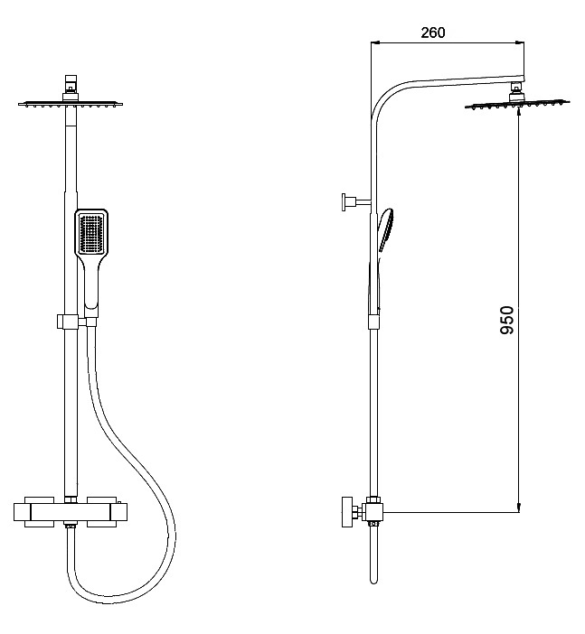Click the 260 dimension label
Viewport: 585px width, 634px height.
click(x=433, y=33)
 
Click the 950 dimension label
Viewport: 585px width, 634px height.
click(x=506, y=321)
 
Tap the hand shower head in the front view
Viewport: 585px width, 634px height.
click(x=91, y=232)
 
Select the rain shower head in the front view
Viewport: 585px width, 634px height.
click(x=71, y=105)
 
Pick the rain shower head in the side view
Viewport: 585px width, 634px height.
click(x=517, y=105)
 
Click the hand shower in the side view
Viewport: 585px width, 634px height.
click(x=384, y=230)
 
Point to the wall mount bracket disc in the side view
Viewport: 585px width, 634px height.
click(x=344, y=201)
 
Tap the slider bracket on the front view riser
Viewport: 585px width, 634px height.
click(x=68, y=322)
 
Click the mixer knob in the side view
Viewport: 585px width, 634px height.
click(x=347, y=512)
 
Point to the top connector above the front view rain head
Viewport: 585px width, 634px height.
click(x=71, y=84)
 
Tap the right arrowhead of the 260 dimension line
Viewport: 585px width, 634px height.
click(x=519, y=42)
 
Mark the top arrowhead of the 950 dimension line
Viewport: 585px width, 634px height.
click(x=519, y=114)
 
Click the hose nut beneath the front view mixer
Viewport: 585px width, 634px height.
click(x=71, y=526)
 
